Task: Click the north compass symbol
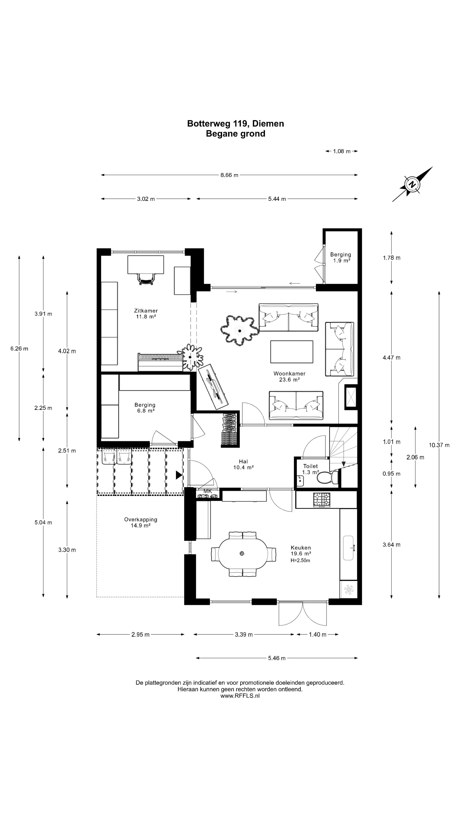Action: (412, 184)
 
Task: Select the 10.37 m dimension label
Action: (439, 445)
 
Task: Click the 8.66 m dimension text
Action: (229, 175)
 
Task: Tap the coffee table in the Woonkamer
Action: (291, 351)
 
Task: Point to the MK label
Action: (208, 491)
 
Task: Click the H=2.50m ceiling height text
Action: (300, 560)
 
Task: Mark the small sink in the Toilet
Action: (300, 481)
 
